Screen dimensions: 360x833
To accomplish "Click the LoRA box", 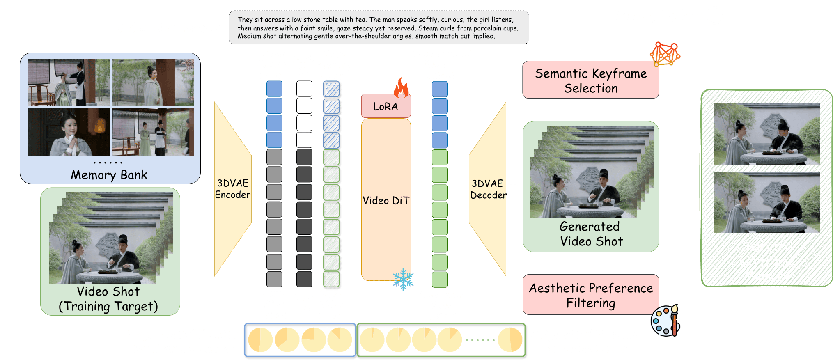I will [386, 106].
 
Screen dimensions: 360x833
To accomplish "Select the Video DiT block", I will [386, 200].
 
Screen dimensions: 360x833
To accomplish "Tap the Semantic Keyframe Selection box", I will [590, 80].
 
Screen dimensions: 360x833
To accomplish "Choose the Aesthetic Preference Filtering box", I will [590, 295].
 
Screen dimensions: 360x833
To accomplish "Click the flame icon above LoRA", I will [401, 87].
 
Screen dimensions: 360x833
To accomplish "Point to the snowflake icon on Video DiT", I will [403, 280].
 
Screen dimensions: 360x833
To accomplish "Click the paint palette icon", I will [665, 321].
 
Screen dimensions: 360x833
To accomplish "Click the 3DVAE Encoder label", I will [233, 189].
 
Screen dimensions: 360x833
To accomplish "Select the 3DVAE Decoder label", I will [488, 189].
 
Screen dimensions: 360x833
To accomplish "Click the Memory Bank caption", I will [109, 175].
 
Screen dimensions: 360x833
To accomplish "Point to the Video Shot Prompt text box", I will [379, 28].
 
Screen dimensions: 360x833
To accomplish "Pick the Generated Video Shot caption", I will [591, 234].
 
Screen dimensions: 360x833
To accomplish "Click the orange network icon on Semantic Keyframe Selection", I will [665, 54].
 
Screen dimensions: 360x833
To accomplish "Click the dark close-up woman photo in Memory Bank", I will [68, 132].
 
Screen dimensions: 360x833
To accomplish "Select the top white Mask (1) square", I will [304, 89].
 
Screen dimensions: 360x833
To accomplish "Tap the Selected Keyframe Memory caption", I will [766, 261].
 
